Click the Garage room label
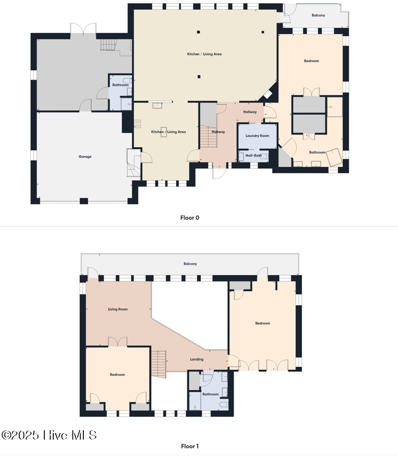(85, 157)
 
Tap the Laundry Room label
(258, 135)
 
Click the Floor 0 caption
(190, 217)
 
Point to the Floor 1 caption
(190, 446)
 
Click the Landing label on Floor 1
(197, 359)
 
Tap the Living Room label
(118, 309)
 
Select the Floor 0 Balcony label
(318, 15)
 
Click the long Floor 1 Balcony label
(190, 264)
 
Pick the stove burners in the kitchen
(137, 124)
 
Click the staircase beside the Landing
(159, 364)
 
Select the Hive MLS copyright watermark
(49, 435)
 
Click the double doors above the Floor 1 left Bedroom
(118, 342)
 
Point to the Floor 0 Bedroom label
(311, 61)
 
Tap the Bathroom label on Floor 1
(210, 394)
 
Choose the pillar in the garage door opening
(84, 201)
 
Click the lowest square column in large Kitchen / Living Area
(199, 76)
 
